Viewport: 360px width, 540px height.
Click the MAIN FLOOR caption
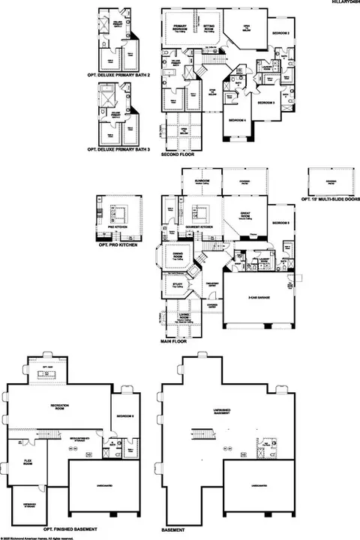tap(173, 340)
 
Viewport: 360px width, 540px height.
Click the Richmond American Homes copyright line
tap(37, 537)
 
